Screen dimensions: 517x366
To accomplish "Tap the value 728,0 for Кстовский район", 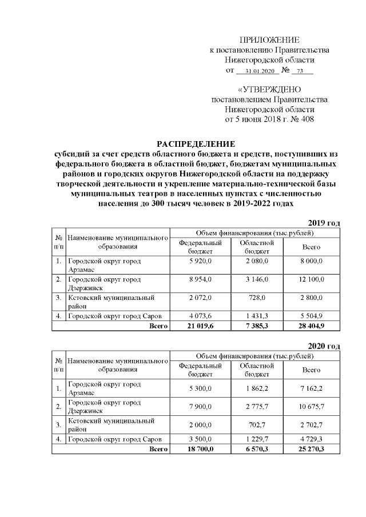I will coord(257,298).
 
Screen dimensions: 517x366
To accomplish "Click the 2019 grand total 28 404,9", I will coord(311,326).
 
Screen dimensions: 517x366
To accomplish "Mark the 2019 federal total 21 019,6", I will coord(200,326).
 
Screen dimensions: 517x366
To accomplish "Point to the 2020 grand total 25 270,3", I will coord(311,449).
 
